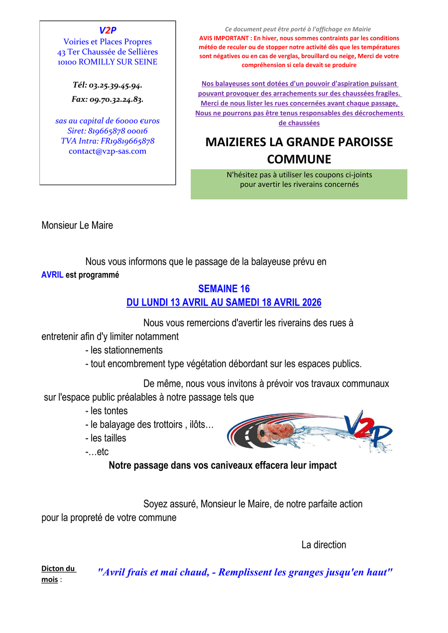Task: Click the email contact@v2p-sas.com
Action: [x=108, y=151]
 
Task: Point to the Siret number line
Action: [x=108, y=131]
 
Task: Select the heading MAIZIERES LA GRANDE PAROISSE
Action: [x=299, y=142]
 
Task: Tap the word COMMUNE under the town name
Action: [x=299, y=159]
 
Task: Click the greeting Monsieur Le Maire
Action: [x=77, y=225]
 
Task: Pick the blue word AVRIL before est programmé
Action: [x=52, y=274]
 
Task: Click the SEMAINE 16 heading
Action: [x=224, y=288]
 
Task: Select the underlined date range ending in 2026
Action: [x=224, y=302]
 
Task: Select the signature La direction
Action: [x=324, y=544]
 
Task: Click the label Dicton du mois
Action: [x=58, y=574]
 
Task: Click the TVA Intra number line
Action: [x=108, y=141]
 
